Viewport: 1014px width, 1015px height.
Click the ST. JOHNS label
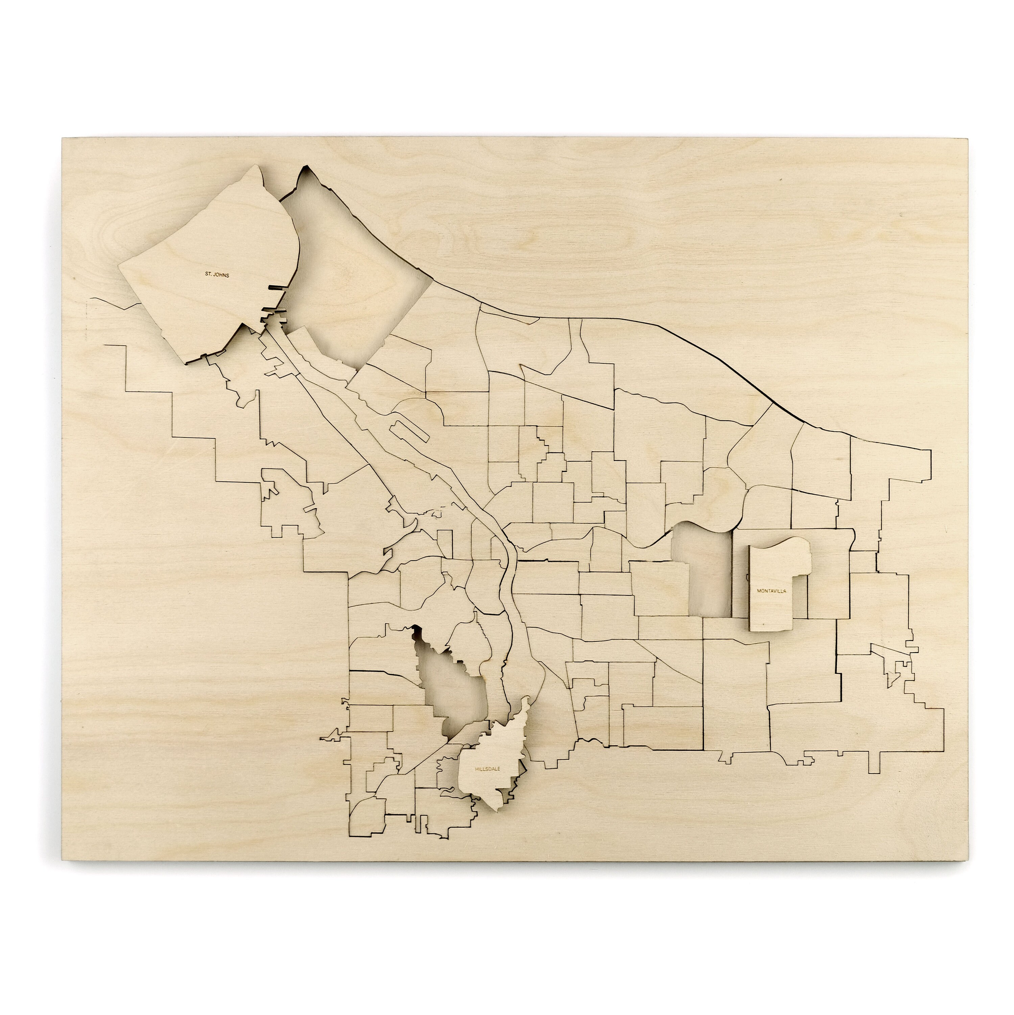pos(217,274)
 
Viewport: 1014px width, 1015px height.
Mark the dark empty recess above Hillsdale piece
pos(452,683)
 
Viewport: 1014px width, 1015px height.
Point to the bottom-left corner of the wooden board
pos(63,860)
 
